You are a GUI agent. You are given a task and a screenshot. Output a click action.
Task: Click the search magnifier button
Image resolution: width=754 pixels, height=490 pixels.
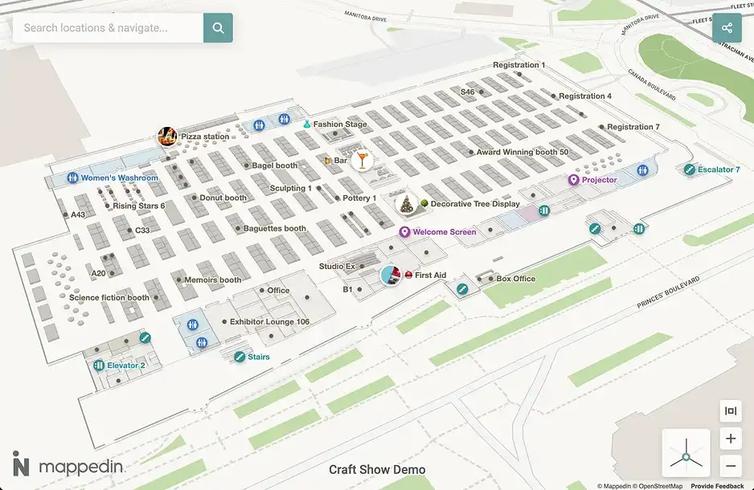tap(218, 28)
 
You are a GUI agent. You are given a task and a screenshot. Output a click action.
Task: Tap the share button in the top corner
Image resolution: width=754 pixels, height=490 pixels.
tap(727, 28)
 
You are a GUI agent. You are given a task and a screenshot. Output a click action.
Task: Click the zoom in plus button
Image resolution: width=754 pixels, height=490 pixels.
tap(731, 439)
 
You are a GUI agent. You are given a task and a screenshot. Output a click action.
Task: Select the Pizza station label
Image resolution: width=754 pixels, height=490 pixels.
tap(204, 137)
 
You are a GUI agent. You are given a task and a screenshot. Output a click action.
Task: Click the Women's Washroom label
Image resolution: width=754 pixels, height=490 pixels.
tap(119, 178)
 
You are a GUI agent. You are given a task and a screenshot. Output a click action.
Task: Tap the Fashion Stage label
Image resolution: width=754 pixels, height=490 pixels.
tap(339, 125)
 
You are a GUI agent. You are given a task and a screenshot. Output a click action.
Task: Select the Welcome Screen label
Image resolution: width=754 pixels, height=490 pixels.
tap(444, 232)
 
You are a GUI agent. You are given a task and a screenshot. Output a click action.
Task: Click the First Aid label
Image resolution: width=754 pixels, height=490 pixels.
tap(430, 276)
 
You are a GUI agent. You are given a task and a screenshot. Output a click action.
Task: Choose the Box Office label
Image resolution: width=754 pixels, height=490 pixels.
tap(515, 279)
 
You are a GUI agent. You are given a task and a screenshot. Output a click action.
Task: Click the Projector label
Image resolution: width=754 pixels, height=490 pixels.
tap(599, 180)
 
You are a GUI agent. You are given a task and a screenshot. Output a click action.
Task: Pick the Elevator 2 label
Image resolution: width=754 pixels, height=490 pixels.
tap(125, 365)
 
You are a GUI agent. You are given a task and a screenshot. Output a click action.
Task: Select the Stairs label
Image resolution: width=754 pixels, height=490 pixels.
tap(258, 357)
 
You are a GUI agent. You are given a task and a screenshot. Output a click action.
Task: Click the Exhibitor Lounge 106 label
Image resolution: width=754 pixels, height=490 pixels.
tap(269, 322)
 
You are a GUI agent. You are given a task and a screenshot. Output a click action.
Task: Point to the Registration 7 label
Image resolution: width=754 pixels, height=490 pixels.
tap(633, 127)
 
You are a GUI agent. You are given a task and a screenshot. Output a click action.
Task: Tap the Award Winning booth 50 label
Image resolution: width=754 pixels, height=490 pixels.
tap(522, 152)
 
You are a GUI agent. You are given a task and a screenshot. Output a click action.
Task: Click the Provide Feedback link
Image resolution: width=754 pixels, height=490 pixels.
tap(717, 486)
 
